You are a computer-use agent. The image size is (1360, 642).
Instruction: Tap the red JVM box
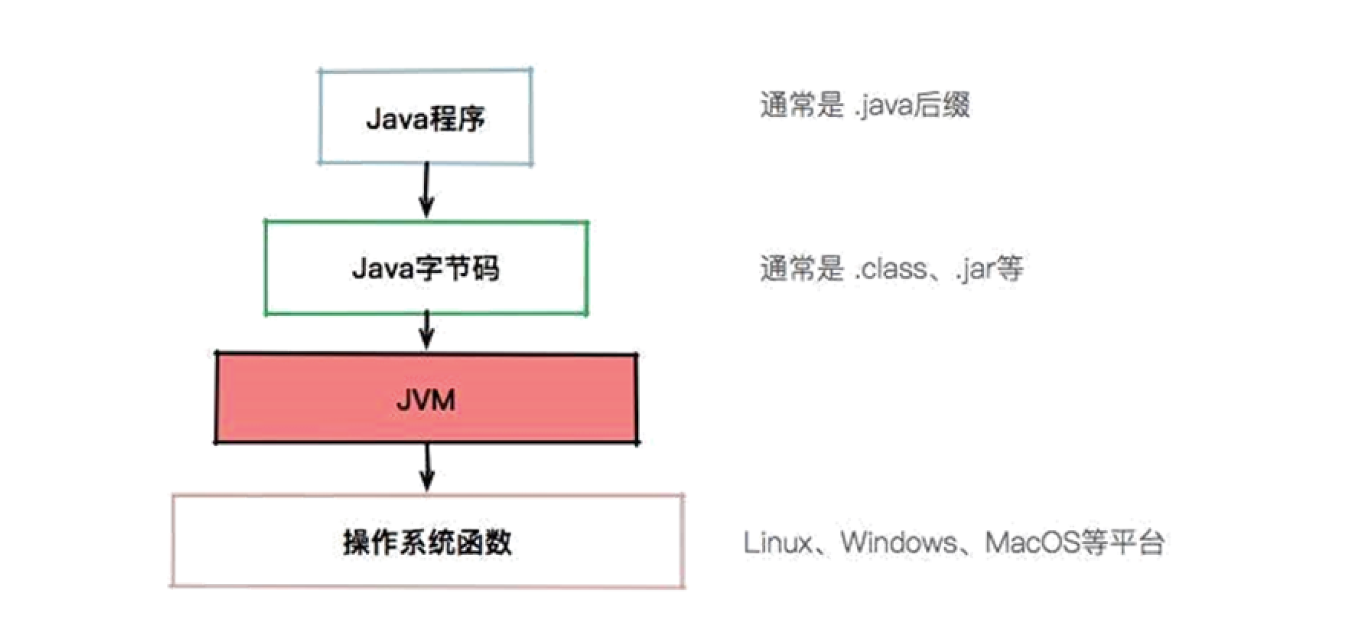point(427,398)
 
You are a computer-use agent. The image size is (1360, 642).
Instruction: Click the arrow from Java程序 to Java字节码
point(427,190)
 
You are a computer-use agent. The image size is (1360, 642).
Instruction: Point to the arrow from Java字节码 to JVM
point(427,330)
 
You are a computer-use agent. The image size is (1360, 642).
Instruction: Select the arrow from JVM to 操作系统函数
point(428,468)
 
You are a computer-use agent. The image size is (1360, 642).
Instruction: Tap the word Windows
point(898,542)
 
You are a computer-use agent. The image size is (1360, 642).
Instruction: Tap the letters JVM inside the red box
point(426,400)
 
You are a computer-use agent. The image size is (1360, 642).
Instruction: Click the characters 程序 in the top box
point(457,118)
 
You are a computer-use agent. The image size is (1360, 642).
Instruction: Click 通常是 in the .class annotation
point(801,269)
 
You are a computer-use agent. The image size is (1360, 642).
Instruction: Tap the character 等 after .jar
point(1009,269)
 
